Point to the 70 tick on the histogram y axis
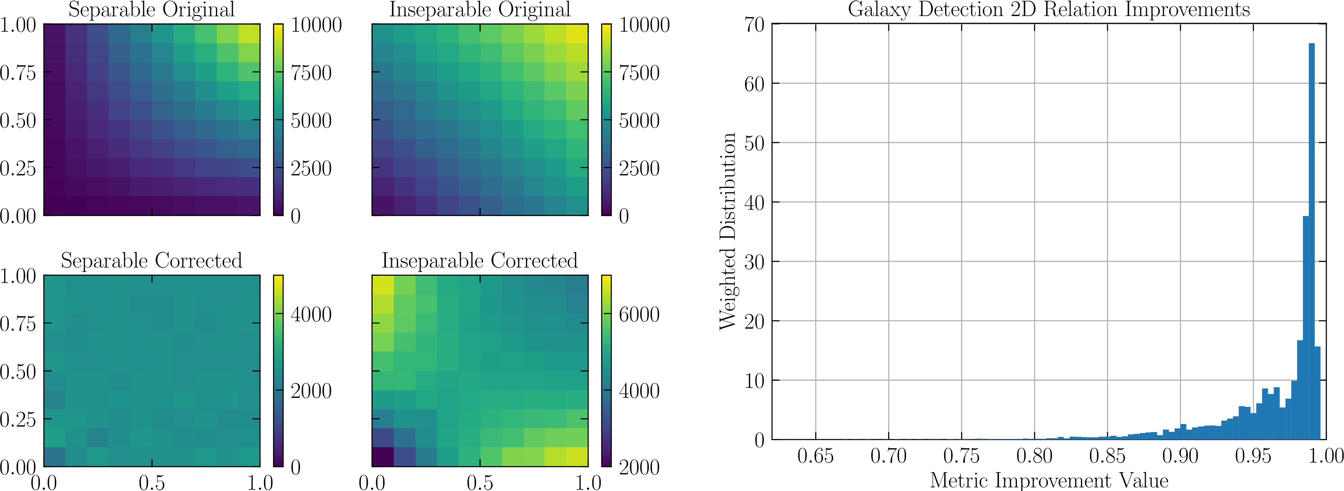pyautogui.click(x=754, y=24)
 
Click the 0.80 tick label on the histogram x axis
pyautogui.click(x=1034, y=456)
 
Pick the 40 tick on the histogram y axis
pyautogui.click(x=754, y=203)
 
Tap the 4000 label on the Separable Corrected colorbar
pyautogui.click(x=311, y=314)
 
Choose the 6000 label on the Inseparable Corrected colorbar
pyautogui.click(x=639, y=314)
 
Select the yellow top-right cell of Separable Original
pyautogui.click(x=249, y=34)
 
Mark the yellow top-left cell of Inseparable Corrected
pyautogui.click(x=382, y=285)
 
